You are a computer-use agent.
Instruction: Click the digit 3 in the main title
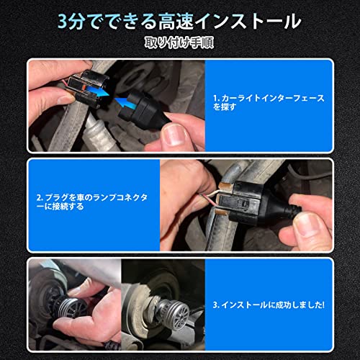(63, 22)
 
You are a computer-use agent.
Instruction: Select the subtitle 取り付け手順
(179, 43)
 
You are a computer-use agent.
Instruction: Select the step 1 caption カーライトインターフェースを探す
(269, 102)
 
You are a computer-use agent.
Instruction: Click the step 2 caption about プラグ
(92, 202)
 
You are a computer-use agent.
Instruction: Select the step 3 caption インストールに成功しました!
(269, 305)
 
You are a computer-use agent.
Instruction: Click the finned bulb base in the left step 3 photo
(72, 308)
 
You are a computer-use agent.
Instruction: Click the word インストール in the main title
(248, 22)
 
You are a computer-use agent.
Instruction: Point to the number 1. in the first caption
(217, 99)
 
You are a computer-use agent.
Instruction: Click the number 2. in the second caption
(40, 198)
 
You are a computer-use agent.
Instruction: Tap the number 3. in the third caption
(216, 305)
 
